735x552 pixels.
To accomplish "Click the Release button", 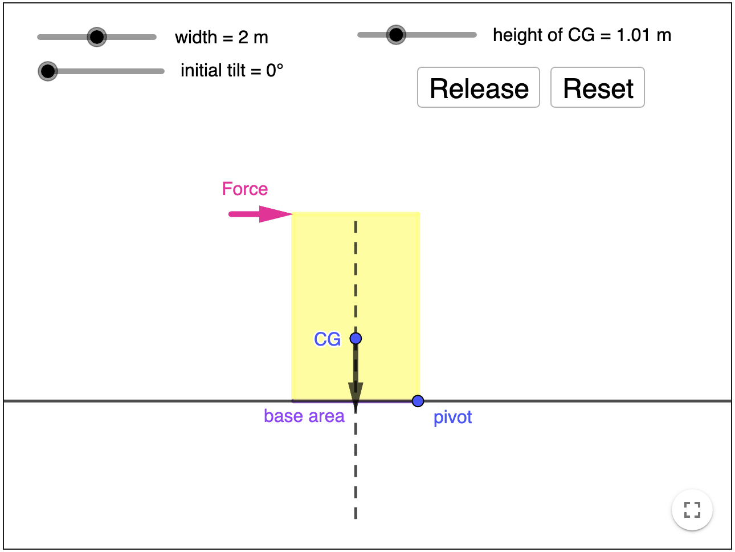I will (x=478, y=87).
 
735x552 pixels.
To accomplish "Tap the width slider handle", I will (x=97, y=37).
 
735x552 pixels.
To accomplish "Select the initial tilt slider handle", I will (x=48, y=71).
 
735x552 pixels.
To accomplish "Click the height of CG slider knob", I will (x=395, y=35).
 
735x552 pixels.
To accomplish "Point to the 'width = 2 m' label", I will (x=221, y=38).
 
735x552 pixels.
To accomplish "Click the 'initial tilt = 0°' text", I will (x=231, y=71).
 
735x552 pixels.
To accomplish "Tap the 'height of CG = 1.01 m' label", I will (x=581, y=35).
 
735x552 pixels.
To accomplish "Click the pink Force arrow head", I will (x=277, y=214).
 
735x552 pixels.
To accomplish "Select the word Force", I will (x=244, y=189).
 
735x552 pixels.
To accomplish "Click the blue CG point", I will (x=356, y=339).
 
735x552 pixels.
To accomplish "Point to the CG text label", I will (x=327, y=339).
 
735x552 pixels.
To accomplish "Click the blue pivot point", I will (x=418, y=401).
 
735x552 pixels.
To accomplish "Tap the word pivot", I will (x=452, y=417).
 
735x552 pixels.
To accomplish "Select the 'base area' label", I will (x=304, y=416).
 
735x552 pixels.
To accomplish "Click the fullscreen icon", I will (x=692, y=509).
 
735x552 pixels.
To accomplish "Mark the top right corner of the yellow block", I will (x=419, y=213).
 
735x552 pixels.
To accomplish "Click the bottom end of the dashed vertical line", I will (x=356, y=517).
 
